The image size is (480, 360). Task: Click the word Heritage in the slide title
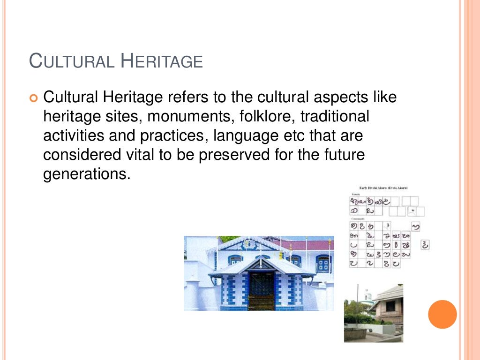[x=161, y=61]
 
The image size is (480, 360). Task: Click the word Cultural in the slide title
[x=72, y=61]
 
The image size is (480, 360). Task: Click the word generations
[x=85, y=174]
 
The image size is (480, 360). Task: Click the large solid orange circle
[x=442, y=314]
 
